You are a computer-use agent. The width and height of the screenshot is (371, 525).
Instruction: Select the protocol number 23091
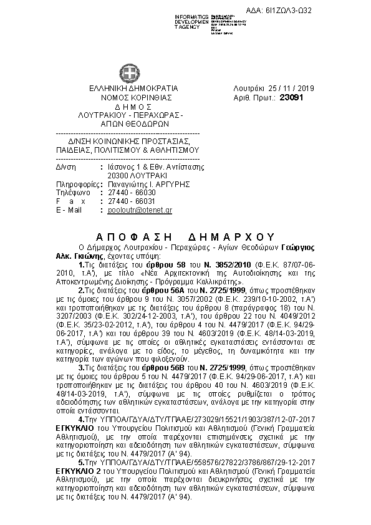[x=292, y=97]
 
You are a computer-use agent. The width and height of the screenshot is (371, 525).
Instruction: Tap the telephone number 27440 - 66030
[x=132, y=193]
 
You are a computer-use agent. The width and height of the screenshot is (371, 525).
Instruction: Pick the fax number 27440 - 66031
[x=132, y=201]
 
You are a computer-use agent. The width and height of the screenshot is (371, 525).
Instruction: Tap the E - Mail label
[x=69, y=210]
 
